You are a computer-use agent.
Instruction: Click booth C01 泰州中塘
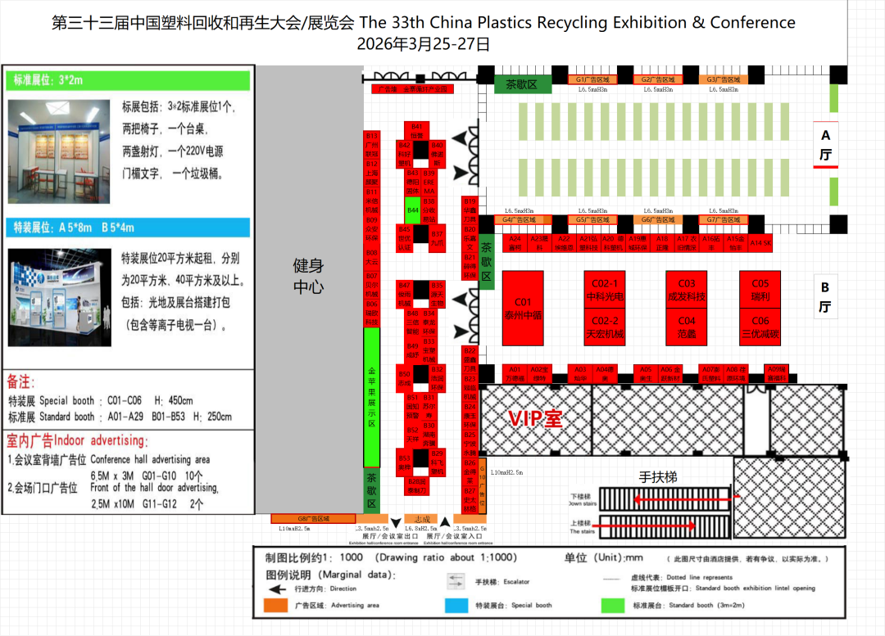[523, 307]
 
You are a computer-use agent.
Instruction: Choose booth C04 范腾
[687, 327]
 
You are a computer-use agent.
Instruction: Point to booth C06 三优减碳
[760, 327]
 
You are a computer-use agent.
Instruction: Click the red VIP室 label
[535, 419]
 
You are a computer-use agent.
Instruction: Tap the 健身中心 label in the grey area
[309, 276]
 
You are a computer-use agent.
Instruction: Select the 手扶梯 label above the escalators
[658, 477]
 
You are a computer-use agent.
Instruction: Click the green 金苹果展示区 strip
[371, 397]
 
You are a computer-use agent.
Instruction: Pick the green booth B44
[413, 210]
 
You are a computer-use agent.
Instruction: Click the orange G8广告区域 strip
[313, 519]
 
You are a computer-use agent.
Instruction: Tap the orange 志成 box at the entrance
[422, 519]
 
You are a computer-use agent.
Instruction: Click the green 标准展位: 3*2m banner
[129, 80]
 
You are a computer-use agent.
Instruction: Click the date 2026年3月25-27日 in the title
[423, 43]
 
